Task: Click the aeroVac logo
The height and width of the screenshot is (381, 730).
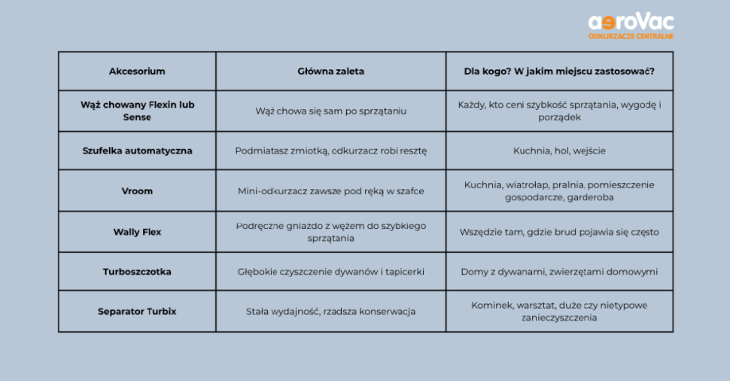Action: coord(631,23)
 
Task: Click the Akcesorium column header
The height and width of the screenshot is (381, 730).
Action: coord(137,72)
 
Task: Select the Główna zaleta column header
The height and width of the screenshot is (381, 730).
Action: coord(330,72)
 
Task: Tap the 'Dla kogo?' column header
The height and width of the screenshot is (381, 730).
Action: coord(559,72)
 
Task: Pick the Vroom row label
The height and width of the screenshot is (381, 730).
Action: coord(137,191)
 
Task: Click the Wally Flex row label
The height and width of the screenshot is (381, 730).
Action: coord(137,232)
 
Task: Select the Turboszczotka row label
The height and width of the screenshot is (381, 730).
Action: coord(137,272)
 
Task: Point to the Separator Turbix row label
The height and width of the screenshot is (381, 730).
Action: coord(137,311)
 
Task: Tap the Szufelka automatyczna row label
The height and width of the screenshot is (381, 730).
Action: coord(137,151)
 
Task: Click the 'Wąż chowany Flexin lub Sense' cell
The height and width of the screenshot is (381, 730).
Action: coord(137,111)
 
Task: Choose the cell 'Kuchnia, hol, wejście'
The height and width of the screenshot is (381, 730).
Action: coord(559,151)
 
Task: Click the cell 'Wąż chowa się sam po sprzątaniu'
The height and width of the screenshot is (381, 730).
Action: coord(330,111)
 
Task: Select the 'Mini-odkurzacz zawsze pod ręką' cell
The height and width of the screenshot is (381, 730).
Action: coord(330,191)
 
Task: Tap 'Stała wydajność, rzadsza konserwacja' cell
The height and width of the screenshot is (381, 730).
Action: coord(330,311)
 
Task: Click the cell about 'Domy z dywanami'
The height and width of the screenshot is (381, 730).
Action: coord(559,272)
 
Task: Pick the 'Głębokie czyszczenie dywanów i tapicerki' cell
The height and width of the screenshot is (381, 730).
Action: coord(330,272)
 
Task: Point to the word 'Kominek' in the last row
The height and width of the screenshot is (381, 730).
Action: coord(490,305)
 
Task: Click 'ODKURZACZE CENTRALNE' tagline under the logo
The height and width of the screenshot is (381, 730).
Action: coord(631,36)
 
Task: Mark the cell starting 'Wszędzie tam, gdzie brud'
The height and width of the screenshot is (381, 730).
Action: coord(559,232)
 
